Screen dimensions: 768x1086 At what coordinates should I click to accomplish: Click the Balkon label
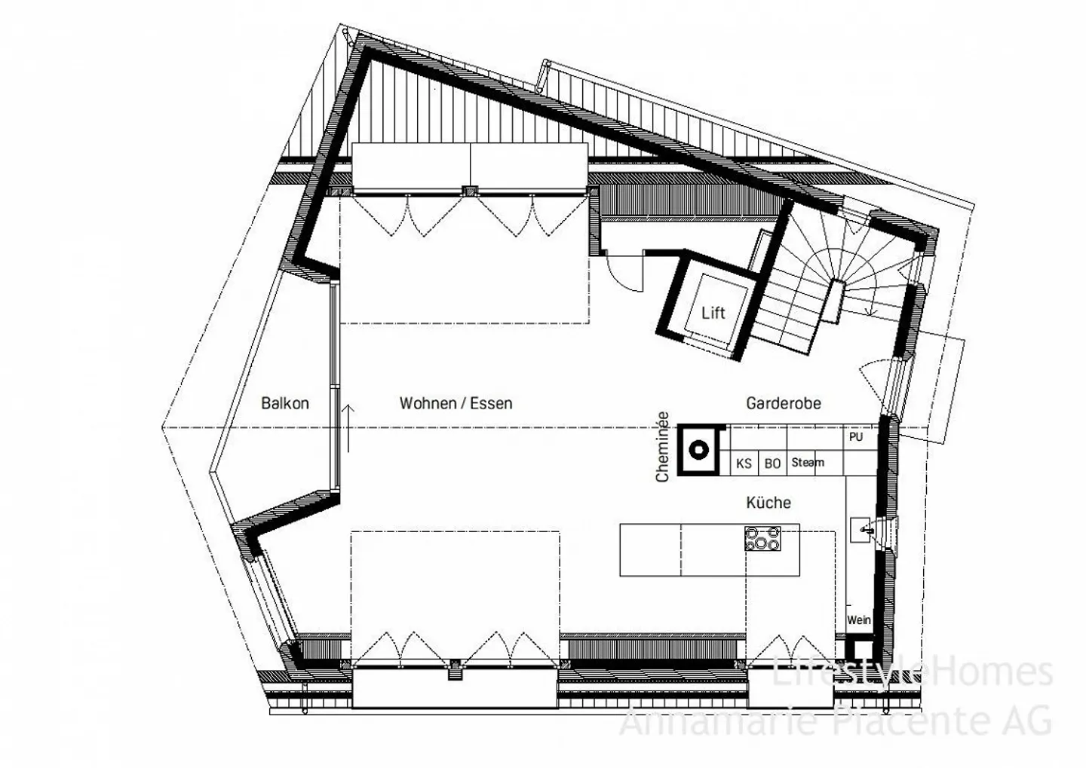(x=285, y=403)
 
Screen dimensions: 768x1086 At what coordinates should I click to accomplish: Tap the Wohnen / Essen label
(x=456, y=403)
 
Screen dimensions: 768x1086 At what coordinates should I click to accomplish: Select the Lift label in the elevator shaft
(x=713, y=313)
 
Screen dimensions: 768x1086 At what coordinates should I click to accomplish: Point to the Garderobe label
(x=783, y=403)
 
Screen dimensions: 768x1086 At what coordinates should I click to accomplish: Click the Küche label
(x=768, y=503)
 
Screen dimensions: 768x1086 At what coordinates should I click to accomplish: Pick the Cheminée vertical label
(x=662, y=447)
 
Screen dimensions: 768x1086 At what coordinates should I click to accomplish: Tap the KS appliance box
(x=744, y=464)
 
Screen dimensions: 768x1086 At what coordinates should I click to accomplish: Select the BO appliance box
(x=772, y=464)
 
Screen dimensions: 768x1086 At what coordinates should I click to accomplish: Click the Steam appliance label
(x=807, y=463)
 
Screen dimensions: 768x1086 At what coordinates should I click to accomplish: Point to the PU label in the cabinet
(x=855, y=437)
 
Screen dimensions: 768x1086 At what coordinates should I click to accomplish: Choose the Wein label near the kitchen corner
(x=858, y=620)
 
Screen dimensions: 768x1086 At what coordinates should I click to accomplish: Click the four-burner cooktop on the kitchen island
(x=762, y=539)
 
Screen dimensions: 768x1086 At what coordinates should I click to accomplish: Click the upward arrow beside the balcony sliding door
(x=349, y=428)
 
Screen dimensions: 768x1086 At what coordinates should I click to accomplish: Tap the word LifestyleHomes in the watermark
(x=913, y=672)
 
